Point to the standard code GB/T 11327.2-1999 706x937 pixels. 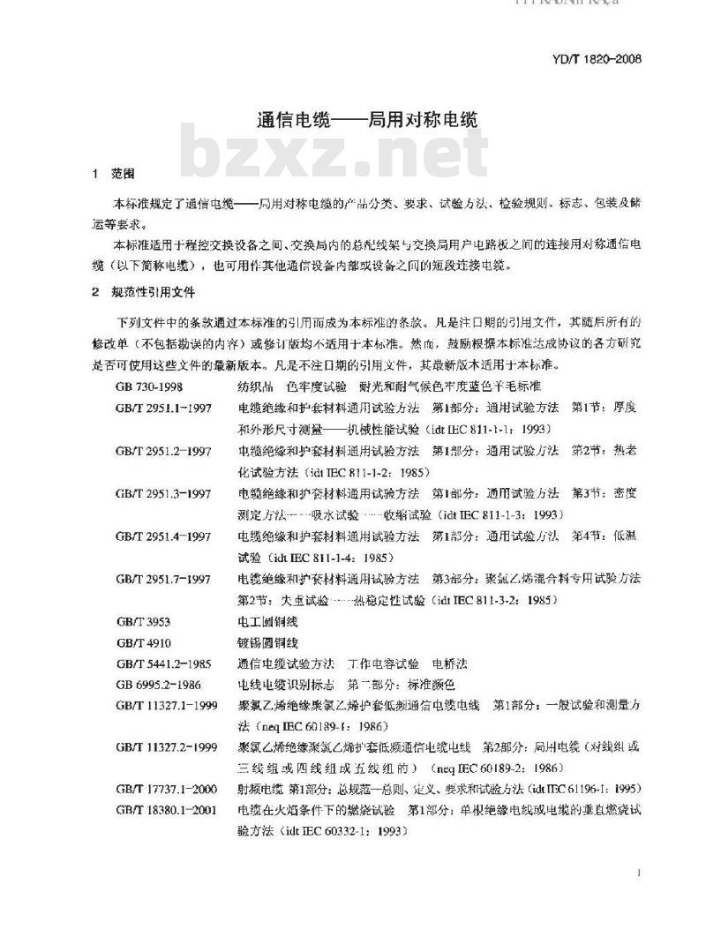pyautogui.click(x=166, y=747)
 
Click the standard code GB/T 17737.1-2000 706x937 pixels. pyautogui.click(x=166, y=788)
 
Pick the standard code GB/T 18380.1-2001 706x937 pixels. pyautogui.click(x=166, y=809)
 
